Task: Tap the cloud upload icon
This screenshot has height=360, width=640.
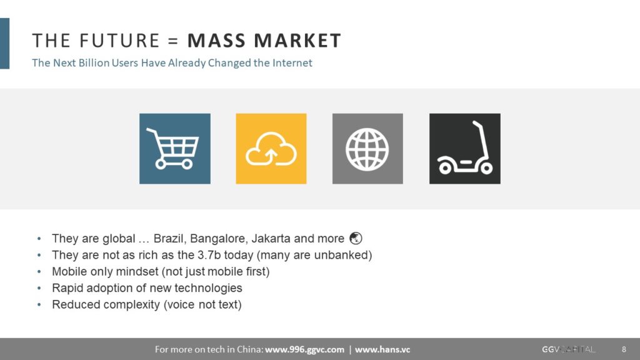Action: (x=271, y=149)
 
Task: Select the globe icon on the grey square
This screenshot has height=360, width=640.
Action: (x=367, y=149)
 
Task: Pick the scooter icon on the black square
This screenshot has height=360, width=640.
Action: (x=465, y=147)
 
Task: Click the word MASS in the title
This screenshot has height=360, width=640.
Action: (x=216, y=41)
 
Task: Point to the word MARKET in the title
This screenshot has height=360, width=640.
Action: (x=297, y=41)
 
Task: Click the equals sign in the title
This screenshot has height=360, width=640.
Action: (x=173, y=41)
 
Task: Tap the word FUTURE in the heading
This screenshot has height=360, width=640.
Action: (x=119, y=41)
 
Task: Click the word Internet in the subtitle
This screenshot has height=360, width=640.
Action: (x=292, y=63)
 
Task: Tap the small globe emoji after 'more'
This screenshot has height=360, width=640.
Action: (x=356, y=238)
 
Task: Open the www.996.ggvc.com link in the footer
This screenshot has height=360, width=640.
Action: (x=304, y=349)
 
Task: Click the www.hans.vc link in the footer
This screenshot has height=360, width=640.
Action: (x=382, y=349)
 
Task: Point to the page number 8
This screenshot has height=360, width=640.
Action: (x=624, y=349)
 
